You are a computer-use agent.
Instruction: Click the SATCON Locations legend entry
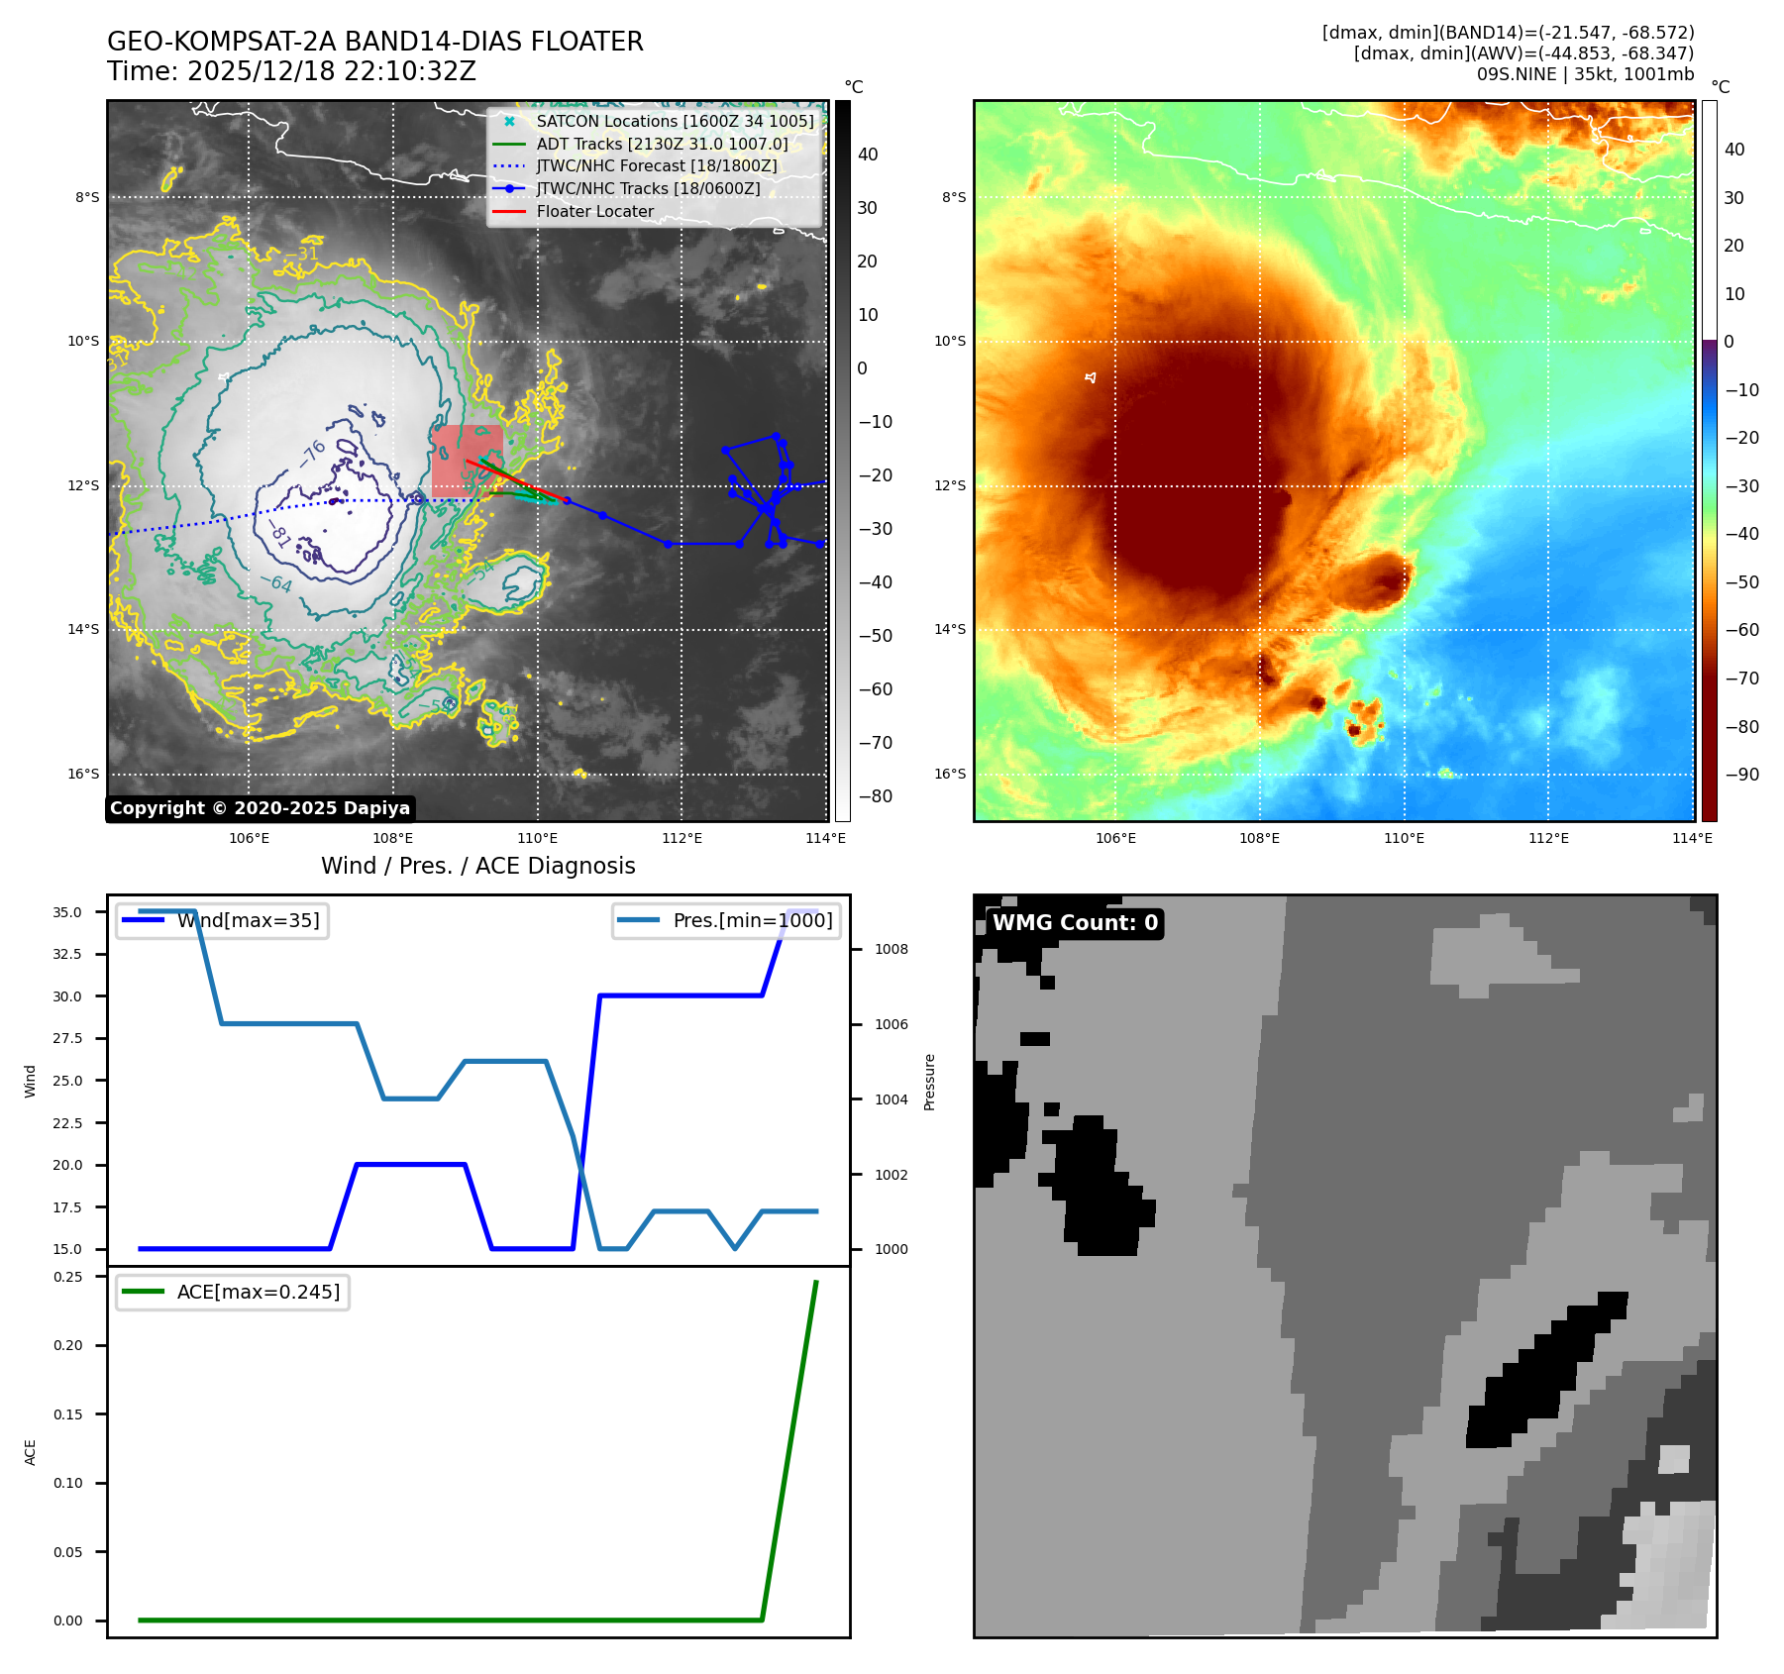675,122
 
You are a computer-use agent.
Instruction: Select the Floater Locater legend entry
594,212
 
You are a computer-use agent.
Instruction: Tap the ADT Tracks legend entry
662,145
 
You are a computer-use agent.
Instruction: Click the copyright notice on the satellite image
260,808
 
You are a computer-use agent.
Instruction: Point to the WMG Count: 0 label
1075,923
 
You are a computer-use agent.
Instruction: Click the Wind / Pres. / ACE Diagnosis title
477,867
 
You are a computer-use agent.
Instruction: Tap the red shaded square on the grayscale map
466,460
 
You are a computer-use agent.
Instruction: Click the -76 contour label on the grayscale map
313,453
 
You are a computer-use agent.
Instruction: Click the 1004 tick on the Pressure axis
891,1099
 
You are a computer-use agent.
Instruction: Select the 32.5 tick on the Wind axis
67,955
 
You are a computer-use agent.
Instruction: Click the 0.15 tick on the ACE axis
67,1414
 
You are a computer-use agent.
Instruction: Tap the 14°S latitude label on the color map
949,630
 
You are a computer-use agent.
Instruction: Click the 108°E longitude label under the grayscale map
393,839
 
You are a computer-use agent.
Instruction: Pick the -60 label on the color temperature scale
1741,631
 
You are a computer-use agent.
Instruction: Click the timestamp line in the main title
292,72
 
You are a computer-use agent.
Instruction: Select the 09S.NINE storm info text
1585,74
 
